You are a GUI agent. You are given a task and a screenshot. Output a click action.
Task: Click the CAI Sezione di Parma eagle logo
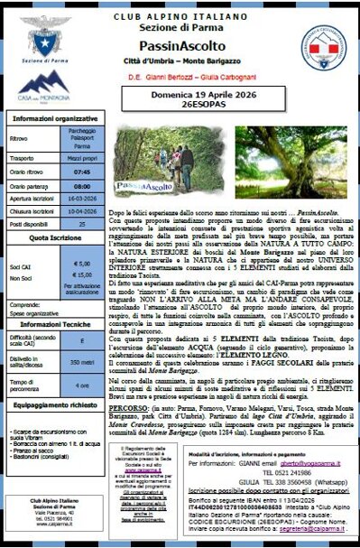click(37, 31)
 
